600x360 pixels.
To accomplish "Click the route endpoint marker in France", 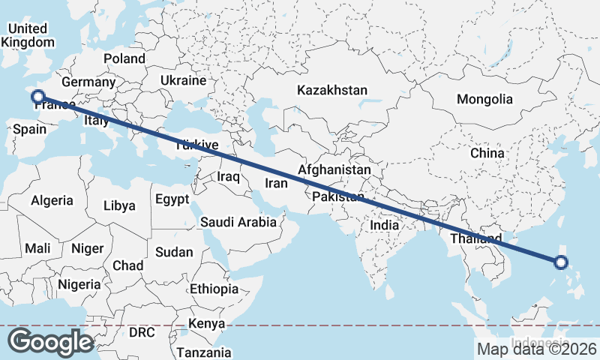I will [36, 95].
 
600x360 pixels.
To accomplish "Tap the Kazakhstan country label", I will [332, 90].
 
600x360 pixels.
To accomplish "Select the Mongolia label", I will [484, 99].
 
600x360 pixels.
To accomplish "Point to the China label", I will [487, 153].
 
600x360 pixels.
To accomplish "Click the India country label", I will [385, 225].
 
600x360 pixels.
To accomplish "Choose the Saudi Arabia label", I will [238, 222].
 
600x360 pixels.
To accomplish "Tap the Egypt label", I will [172, 199].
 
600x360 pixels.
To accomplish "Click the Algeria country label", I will [52, 200].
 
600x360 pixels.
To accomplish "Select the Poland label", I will [124, 58].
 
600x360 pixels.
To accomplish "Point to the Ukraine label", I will [183, 80].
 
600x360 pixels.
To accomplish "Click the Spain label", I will [30, 129].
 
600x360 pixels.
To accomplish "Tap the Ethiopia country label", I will [214, 289].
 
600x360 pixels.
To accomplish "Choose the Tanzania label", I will [204, 352].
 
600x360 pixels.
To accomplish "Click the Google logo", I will [51, 342].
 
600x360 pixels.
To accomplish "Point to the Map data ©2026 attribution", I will [536, 349].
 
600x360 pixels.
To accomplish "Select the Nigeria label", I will [79, 284].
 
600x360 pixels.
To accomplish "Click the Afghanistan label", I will [334, 170].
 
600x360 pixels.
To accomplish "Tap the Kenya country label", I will [207, 323].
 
